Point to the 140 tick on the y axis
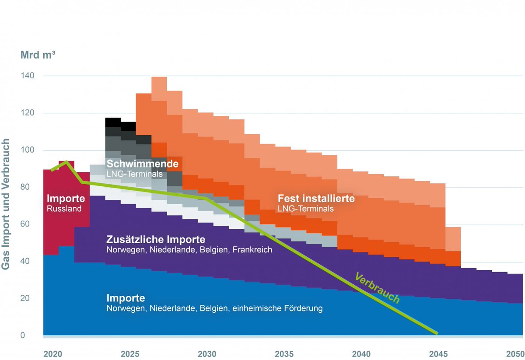28,76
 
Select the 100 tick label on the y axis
28,150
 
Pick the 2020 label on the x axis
52,353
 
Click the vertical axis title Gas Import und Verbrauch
6,204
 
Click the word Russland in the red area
64,209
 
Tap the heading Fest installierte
316,199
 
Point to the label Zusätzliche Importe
156,240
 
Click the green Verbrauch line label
378,288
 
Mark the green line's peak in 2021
66,162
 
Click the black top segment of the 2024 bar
113,122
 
